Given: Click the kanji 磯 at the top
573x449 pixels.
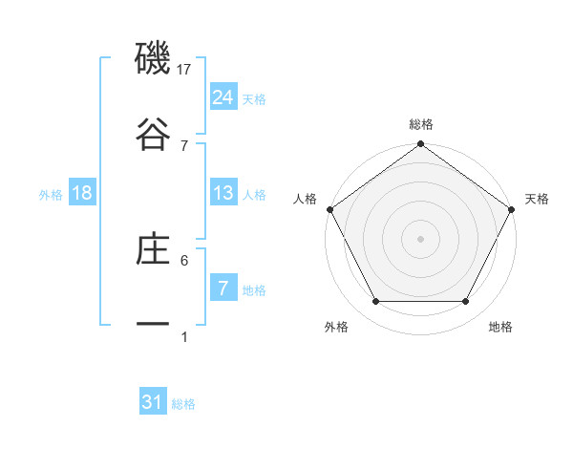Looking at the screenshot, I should click(153, 59).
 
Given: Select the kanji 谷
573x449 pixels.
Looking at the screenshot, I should click(153, 133).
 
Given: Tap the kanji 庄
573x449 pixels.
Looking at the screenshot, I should click(153, 249).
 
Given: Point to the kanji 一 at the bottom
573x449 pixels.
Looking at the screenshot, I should click(153, 324).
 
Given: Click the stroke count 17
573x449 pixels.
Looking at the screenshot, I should click(185, 69).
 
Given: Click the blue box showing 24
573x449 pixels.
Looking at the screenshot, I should click(223, 96).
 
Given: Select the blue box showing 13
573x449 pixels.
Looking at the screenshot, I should click(223, 193).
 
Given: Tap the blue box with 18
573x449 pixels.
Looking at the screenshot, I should click(82, 193).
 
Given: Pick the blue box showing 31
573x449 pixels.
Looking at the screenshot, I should click(153, 402).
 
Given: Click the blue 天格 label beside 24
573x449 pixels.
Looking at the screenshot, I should click(254, 98).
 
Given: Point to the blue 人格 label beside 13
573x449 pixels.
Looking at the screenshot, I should click(254, 195).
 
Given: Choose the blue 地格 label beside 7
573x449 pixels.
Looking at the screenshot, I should click(254, 290).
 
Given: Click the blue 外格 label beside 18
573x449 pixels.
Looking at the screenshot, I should click(51, 195).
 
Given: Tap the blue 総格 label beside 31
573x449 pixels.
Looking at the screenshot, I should click(183, 404).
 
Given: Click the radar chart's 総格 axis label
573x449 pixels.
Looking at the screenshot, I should click(421, 124).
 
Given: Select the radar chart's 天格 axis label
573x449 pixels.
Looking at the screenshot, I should click(538, 199).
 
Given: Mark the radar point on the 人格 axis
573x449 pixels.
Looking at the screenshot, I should click(330, 209).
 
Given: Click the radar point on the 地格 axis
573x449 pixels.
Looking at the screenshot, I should click(466, 302).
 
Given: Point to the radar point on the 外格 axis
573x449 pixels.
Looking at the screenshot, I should click(375, 302).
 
